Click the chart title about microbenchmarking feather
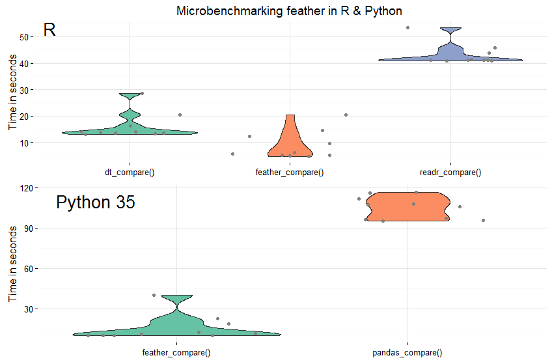pyautogui.click(x=289, y=11)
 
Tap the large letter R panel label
pyautogui.click(x=49, y=30)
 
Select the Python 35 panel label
pyautogui.click(x=95, y=202)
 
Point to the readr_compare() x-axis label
pyautogui.click(x=450, y=173)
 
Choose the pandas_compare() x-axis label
pyautogui.click(x=407, y=352)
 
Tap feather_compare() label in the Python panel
pyautogui.click(x=176, y=352)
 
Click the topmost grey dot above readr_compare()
pyautogui.click(x=407, y=27)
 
